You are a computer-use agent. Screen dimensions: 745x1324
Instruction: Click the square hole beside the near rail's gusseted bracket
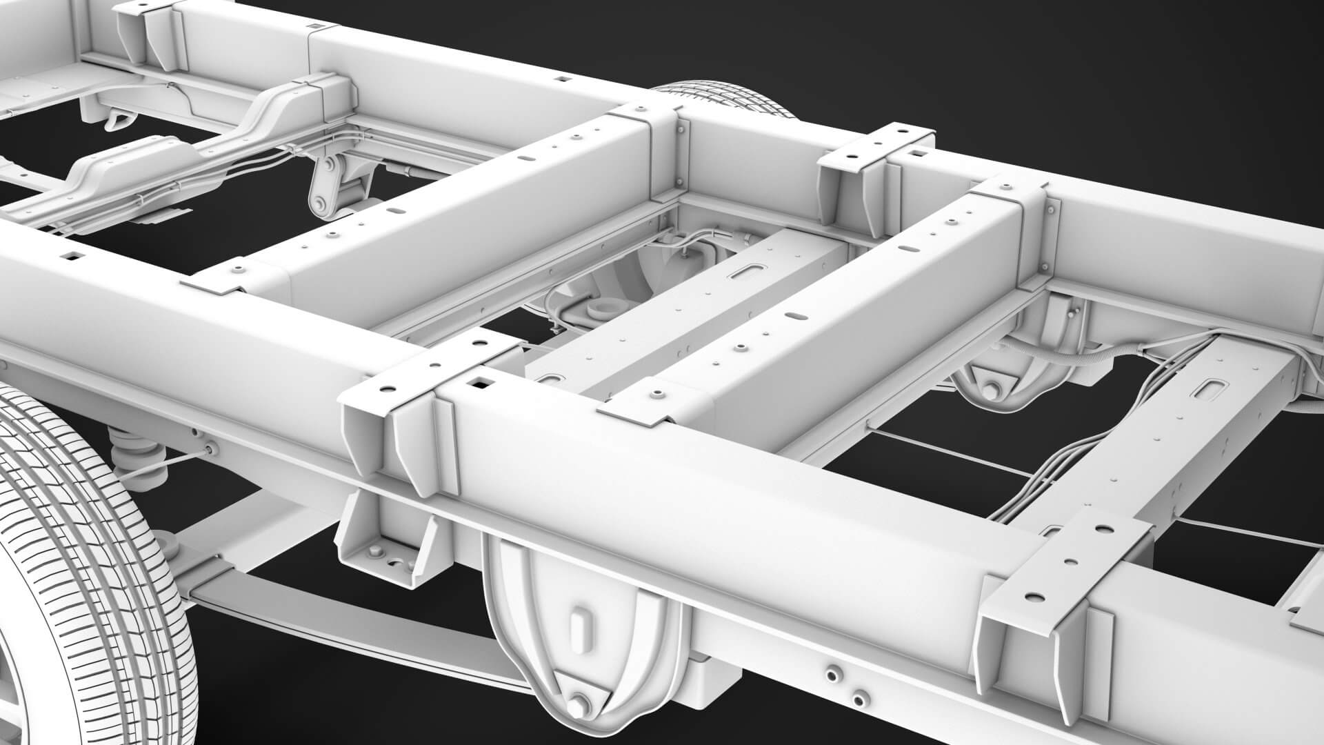[x=478, y=380]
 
